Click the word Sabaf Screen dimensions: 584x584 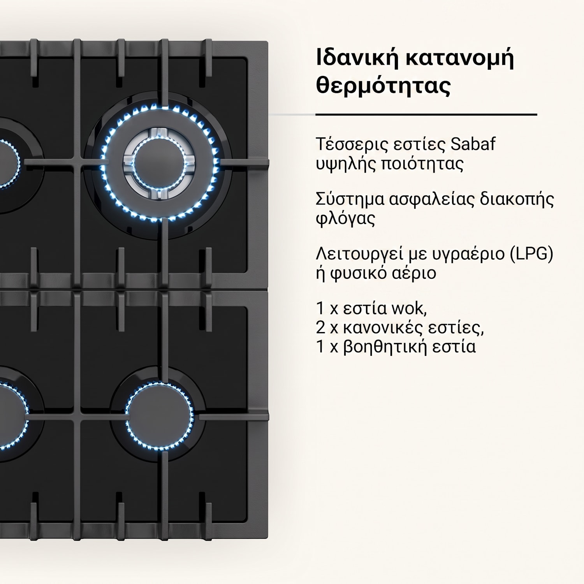click(x=473, y=144)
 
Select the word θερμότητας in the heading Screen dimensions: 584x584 click(x=383, y=85)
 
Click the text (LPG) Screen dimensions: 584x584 click(x=531, y=254)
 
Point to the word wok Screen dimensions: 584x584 click(x=409, y=308)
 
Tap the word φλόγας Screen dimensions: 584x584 click(x=346, y=219)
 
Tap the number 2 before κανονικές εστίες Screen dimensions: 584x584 click(x=320, y=328)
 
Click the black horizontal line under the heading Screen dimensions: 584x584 click(x=426, y=115)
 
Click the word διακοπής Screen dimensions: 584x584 click(x=517, y=199)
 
